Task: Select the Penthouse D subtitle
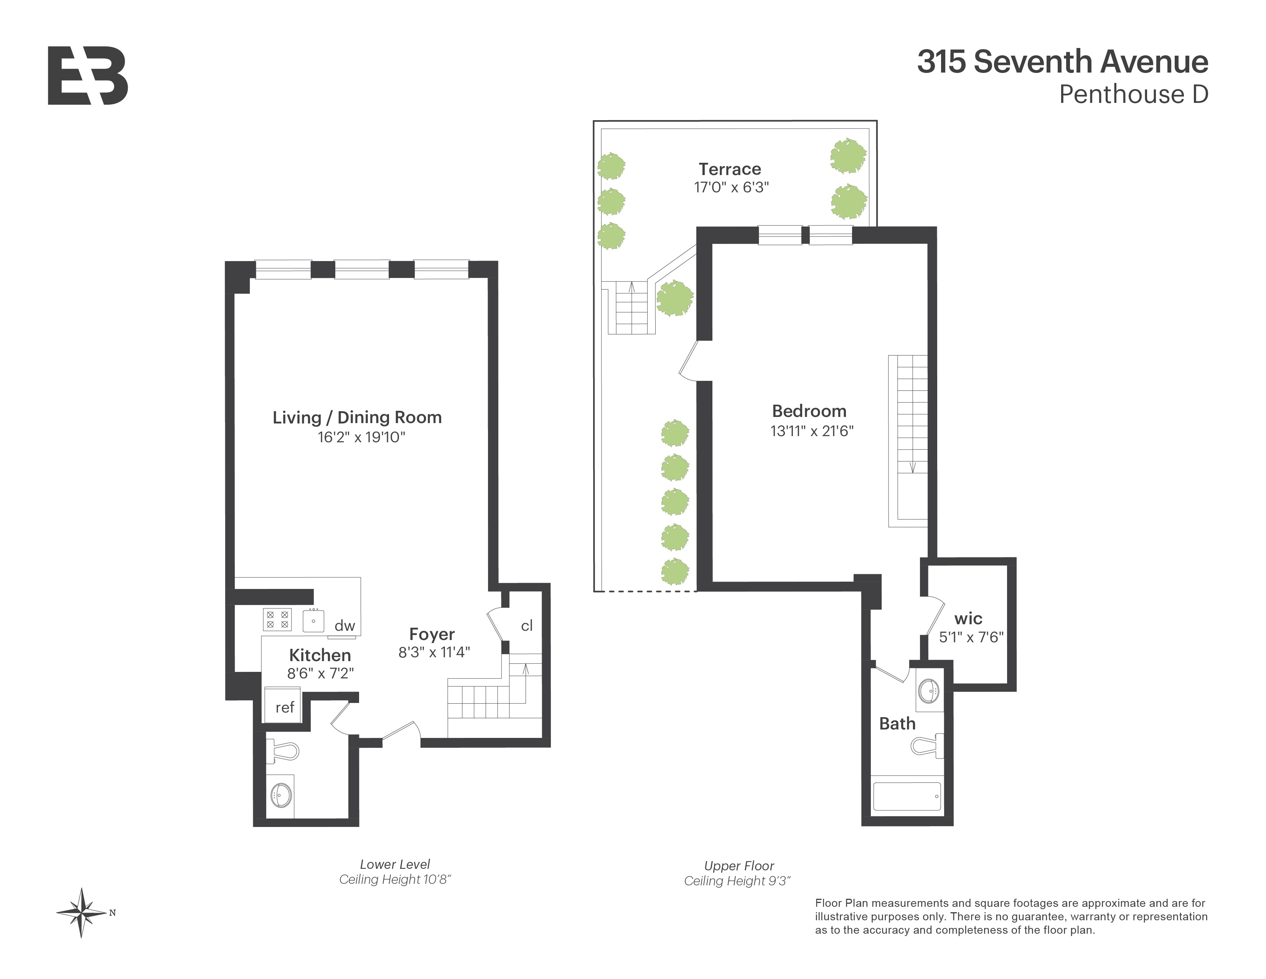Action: (1133, 94)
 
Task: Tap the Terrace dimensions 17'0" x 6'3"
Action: (731, 187)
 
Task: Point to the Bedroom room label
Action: (809, 411)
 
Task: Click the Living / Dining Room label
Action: (357, 418)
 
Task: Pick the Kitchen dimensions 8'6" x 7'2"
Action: (320, 673)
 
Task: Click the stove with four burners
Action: (277, 619)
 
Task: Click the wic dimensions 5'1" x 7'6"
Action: (971, 637)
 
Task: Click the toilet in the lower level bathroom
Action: (283, 751)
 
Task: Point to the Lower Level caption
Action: (395, 864)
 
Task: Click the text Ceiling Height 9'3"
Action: (737, 881)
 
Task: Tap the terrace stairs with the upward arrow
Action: (631, 308)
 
